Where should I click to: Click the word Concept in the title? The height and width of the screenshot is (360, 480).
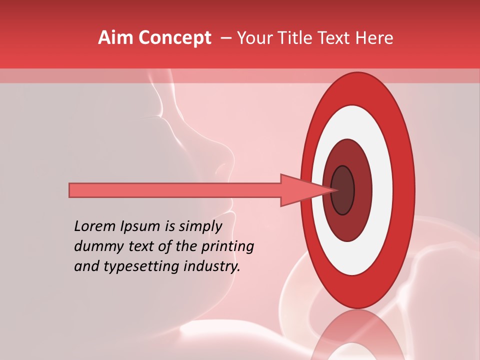pyautogui.click(x=174, y=38)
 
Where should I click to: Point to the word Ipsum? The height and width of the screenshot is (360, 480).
pyautogui.click(x=140, y=226)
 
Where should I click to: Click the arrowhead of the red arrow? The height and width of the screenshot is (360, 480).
pyautogui.click(x=300, y=190)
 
